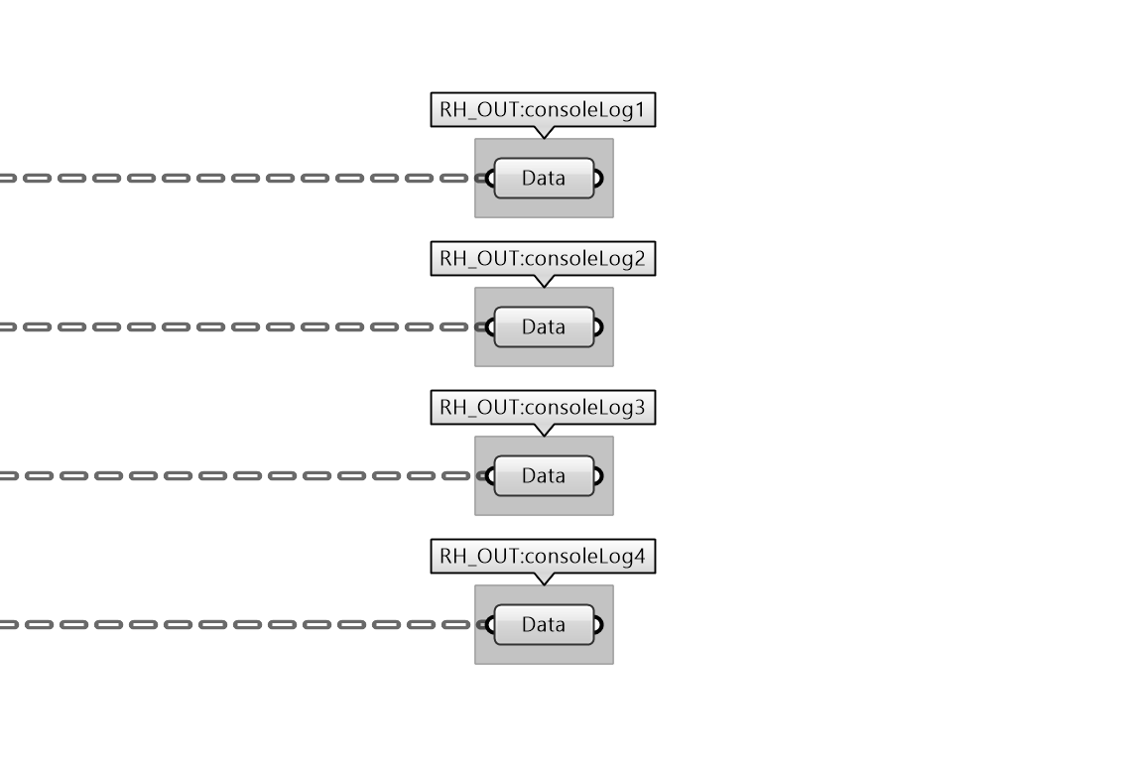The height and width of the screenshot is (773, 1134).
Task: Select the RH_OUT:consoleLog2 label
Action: pos(543,259)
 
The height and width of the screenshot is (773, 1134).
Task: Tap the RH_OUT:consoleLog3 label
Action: pos(543,407)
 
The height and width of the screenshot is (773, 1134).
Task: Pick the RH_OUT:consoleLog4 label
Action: pos(543,557)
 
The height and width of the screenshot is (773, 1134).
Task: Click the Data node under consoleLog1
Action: pos(544,179)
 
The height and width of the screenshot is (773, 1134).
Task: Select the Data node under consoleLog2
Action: pos(544,327)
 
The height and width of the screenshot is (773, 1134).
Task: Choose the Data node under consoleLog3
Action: pos(544,476)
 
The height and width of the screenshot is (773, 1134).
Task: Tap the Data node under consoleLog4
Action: pos(544,625)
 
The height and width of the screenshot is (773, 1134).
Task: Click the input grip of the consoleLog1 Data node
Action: pos(489,179)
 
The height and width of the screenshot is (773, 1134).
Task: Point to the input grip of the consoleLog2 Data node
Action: pos(489,327)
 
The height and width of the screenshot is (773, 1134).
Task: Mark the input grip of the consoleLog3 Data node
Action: pos(489,476)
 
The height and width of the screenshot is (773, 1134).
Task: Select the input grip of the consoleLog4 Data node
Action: pos(489,625)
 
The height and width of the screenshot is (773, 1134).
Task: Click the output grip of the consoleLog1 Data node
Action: pos(598,179)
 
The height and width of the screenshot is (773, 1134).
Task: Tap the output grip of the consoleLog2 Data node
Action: pos(598,327)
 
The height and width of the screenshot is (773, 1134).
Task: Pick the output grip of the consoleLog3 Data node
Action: pos(598,476)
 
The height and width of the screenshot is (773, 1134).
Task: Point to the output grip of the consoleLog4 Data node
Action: pos(598,625)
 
